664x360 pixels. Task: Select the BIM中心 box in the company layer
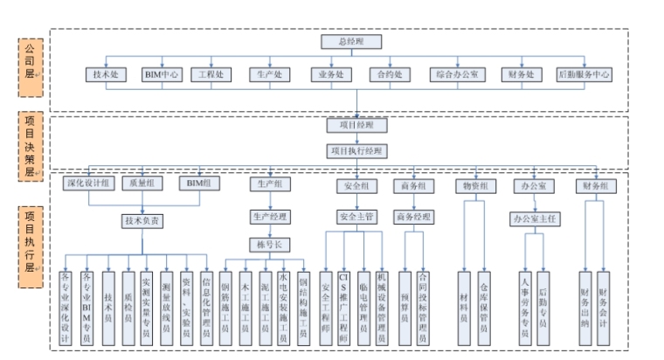(163, 75)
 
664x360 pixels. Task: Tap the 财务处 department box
(522, 75)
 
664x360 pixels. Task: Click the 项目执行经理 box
(355, 150)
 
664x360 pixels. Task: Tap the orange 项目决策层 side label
(29, 145)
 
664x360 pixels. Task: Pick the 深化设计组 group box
(90, 184)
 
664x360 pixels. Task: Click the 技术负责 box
(142, 221)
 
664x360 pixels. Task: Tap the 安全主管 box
(356, 216)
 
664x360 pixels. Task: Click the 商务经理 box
(413, 216)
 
